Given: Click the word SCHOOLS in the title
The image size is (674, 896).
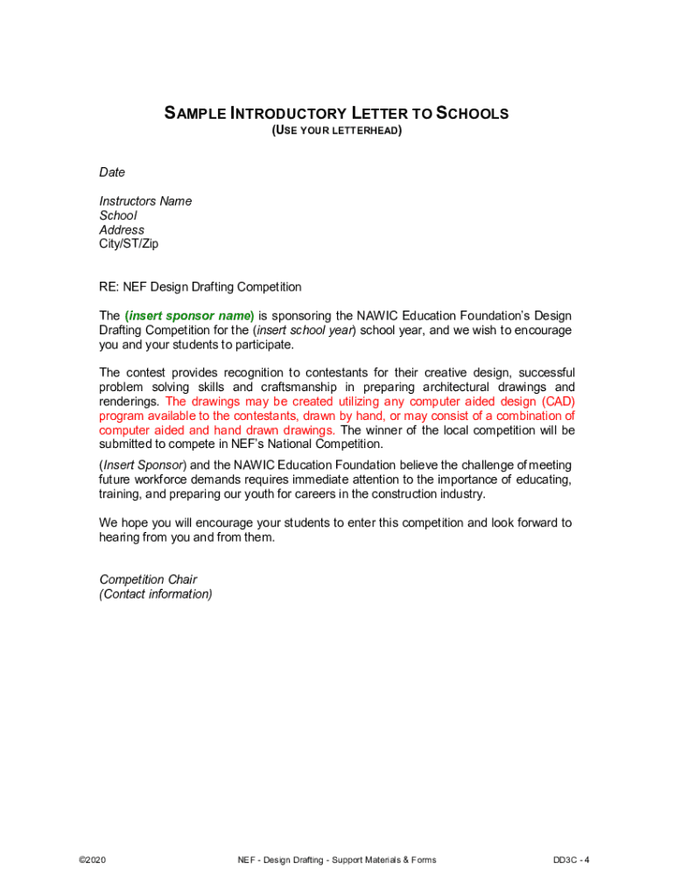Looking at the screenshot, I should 472,114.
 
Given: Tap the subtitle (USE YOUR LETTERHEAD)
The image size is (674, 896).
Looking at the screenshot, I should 337,130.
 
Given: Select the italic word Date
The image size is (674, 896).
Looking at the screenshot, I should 112,172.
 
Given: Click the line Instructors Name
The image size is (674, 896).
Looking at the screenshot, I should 145,201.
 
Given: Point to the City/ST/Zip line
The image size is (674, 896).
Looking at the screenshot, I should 129,244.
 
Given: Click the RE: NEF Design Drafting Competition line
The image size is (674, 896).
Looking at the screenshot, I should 200,287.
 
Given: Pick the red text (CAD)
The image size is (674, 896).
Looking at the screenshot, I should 552,402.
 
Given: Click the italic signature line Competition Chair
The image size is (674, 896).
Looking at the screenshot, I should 148,579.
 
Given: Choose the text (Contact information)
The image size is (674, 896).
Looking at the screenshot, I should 156,594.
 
